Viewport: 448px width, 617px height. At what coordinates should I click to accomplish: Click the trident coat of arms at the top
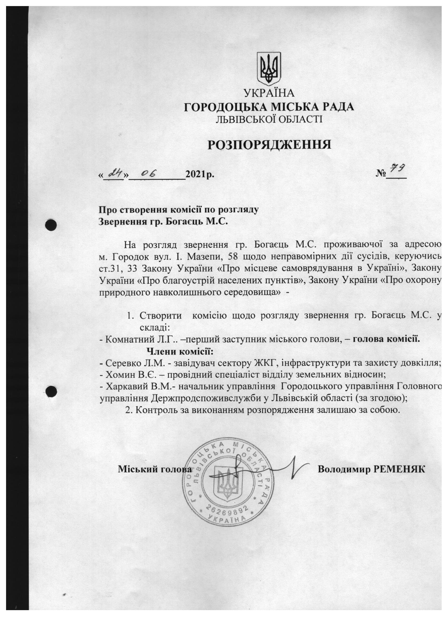(x=269, y=68)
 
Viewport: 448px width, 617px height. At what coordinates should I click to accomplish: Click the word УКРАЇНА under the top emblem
(x=269, y=93)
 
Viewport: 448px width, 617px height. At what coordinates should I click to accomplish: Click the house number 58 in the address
(x=227, y=257)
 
